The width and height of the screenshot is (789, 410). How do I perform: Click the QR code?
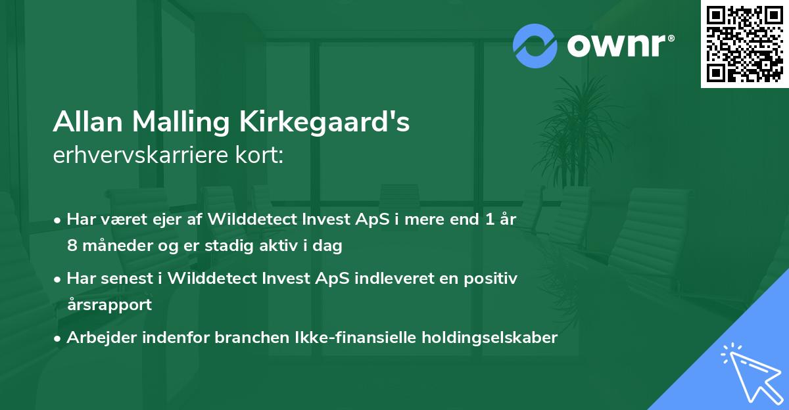pos(744,44)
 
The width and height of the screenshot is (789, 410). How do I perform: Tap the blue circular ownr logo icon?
pos(535,46)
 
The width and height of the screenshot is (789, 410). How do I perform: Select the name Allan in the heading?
pos(89,123)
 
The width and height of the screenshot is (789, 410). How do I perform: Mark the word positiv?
pos(491,279)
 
